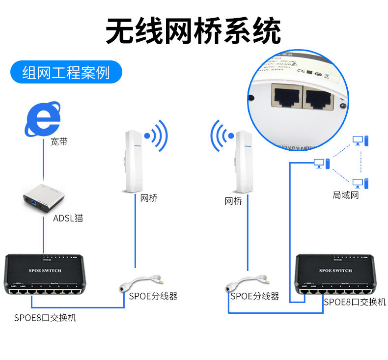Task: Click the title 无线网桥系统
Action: [x=194, y=31]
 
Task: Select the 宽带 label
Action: [x=59, y=142]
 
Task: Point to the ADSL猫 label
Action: [x=68, y=218]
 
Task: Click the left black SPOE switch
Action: [x=42, y=275]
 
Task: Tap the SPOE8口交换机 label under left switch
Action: [x=45, y=318]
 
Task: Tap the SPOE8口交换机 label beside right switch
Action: [x=355, y=302]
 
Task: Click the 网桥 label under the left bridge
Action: [x=149, y=198]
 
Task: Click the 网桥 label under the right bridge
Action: [x=233, y=201]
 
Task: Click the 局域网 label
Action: [x=346, y=195]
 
